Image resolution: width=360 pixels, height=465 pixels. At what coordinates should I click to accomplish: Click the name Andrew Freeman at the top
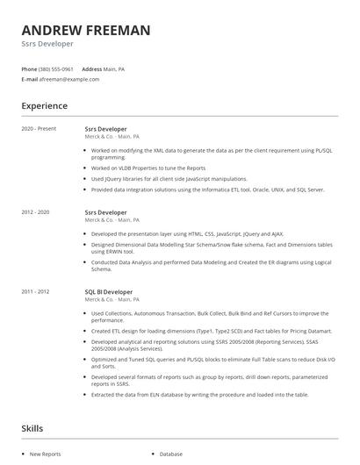[x=85, y=30]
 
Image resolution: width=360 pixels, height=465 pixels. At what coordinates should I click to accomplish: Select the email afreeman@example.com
[x=69, y=79]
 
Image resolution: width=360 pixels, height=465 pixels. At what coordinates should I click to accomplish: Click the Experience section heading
[x=45, y=106]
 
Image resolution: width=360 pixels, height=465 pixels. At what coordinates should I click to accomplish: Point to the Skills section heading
[x=32, y=430]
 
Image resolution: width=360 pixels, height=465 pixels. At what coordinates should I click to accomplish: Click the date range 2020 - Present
[x=39, y=129]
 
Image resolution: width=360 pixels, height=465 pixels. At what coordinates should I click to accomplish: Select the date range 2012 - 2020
[x=35, y=212]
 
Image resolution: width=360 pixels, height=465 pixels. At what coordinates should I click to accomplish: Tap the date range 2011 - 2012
[x=35, y=291]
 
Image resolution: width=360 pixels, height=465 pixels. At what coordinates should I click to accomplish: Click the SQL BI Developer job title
[x=109, y=291]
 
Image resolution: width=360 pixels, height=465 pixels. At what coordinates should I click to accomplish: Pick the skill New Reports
[x=46, y=454]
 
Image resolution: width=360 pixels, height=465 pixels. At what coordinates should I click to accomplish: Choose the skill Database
[x=170, y=454]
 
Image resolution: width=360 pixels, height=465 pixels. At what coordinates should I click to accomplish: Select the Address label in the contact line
[x=92, y=68]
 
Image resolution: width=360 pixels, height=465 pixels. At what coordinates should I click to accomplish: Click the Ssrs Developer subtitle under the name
[x=47, y=44]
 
